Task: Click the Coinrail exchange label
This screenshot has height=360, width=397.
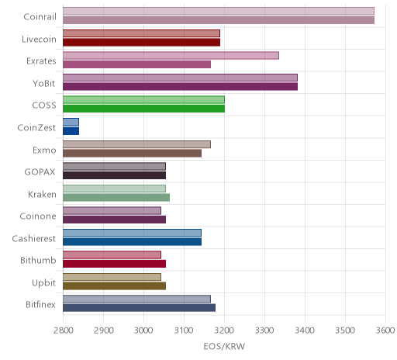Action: pyautogui.click(x=40, y=17)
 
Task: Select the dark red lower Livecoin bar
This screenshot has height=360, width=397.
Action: pyautogui.click(x=141, y=43)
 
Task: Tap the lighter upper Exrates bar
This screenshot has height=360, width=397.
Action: pyautogui.click(x=171, y=55)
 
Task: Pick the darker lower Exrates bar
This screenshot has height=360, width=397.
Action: pyautogui.click(x=136, y=64)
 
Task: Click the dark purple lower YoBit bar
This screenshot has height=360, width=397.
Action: pyautogui.click(x=180, y=87)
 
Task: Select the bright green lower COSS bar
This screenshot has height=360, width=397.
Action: pyautogui.click(x=143, y=109)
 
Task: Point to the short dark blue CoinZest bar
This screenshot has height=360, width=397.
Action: pyautogui.click(x=71, y=131)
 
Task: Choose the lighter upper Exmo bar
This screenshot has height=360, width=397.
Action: pyautogui.click(x=136, y=144)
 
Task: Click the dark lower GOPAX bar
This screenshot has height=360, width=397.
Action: pyautogui.click(x=114, y=175)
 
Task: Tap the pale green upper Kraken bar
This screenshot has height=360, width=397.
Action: pyautogui.click(x=114, y=189)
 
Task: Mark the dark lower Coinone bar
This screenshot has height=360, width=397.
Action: pyautogui.click(x=114, y=220)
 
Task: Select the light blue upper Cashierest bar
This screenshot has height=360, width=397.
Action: pyautogui.click(x=132, y=233)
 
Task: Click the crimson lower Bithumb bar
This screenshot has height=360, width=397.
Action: pyautogui.click(x=114, y=264)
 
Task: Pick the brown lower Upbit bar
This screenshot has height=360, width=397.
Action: pyautogui.click(x=114, y=286)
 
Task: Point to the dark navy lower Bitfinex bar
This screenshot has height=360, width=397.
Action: pyautogui.click(x=139, y=308)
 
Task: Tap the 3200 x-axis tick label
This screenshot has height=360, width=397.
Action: pyautogui.click(x=225, y=331)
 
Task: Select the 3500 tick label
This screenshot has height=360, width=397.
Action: pyautogui.click(x=345, y=331)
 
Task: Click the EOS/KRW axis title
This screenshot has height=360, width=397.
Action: pyautogui.click(x=224, y=346)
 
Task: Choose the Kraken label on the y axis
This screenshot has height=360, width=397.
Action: pyautogui.click(x=42, y=194)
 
